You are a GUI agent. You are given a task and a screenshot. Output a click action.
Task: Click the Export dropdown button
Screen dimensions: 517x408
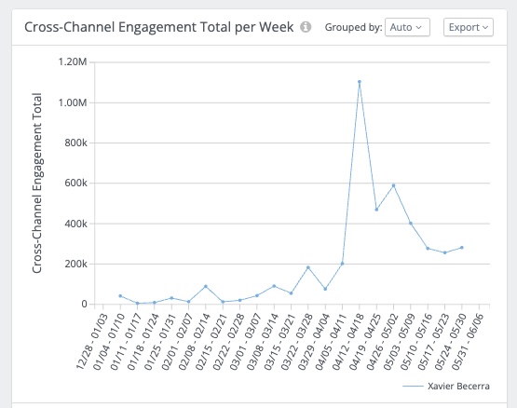469,27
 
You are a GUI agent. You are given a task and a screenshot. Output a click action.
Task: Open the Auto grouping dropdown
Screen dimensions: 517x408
407,27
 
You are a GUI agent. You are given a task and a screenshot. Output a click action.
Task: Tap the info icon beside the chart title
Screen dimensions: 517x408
306,27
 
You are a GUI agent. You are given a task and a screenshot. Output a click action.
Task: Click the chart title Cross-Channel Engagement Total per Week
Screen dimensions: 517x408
159,27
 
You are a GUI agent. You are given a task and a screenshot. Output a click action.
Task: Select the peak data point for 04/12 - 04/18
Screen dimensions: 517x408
360,82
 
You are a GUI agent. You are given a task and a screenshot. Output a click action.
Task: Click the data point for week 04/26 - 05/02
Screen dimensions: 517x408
393,185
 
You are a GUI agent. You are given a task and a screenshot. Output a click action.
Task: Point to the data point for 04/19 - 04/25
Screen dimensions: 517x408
376,210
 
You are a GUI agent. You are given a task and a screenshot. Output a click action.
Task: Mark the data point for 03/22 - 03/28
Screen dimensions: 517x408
308,267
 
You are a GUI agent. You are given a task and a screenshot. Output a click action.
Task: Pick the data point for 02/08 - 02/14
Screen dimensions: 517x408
206,286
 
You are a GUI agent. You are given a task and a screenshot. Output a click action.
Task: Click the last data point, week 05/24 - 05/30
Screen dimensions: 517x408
462,248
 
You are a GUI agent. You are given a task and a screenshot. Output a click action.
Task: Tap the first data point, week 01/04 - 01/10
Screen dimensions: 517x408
120,296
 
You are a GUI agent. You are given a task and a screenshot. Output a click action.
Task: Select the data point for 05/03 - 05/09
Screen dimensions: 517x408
411,224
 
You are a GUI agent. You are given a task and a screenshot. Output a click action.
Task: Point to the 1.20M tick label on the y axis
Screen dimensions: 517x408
73,62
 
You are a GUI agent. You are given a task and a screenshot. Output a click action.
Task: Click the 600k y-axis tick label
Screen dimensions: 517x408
75,184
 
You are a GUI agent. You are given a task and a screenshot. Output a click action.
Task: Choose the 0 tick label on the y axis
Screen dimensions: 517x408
84,304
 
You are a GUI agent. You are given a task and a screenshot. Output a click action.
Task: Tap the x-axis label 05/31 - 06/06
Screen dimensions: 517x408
468,341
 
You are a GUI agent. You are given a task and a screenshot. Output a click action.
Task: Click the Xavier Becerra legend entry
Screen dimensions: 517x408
446,386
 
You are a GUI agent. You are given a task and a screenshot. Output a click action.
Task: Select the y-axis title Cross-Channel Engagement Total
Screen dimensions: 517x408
37,184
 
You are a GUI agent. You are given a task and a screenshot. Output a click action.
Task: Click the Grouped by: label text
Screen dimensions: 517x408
353,27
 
